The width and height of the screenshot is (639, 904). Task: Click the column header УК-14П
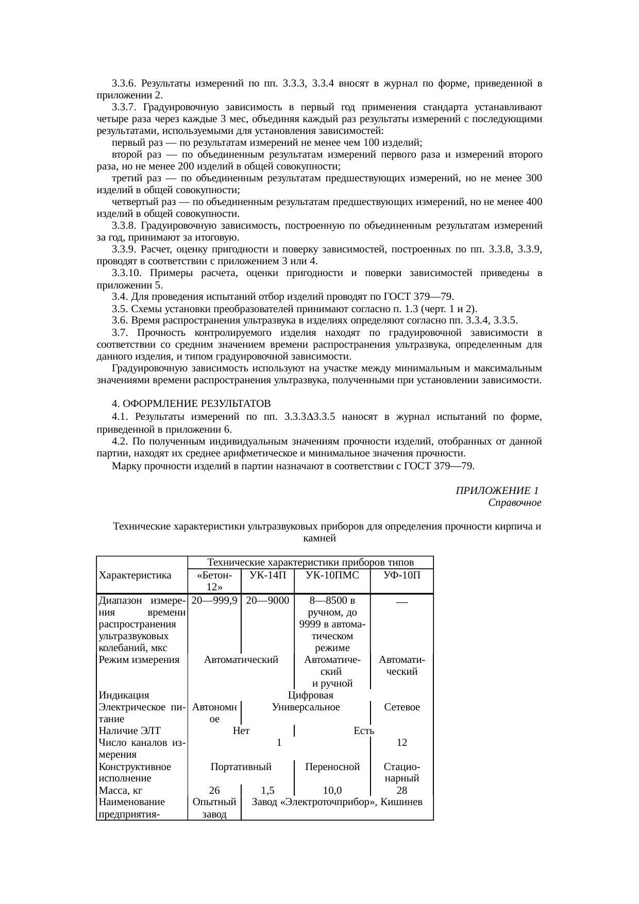click(x=267, y=575)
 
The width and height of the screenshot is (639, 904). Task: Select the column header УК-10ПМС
click(x=332, y=575)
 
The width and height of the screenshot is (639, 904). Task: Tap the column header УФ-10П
click(x=402, y=575)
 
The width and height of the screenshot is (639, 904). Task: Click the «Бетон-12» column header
click(x=214, y=581)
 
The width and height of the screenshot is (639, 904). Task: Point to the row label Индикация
click(x=124, y=696)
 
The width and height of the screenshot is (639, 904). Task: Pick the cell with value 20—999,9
click(x=214, y=600)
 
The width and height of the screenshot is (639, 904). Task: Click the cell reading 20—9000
click(x=267, y=600)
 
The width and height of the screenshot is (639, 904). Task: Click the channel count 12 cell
click(x=402, y=743)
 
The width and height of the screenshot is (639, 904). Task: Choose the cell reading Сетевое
click(x=402, y=707)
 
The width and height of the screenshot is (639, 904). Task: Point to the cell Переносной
click(x=332, y=767)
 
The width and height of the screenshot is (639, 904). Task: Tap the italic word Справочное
click(x=514, y=502)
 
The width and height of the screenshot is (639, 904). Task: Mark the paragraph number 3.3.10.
click(x=127, y=274)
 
